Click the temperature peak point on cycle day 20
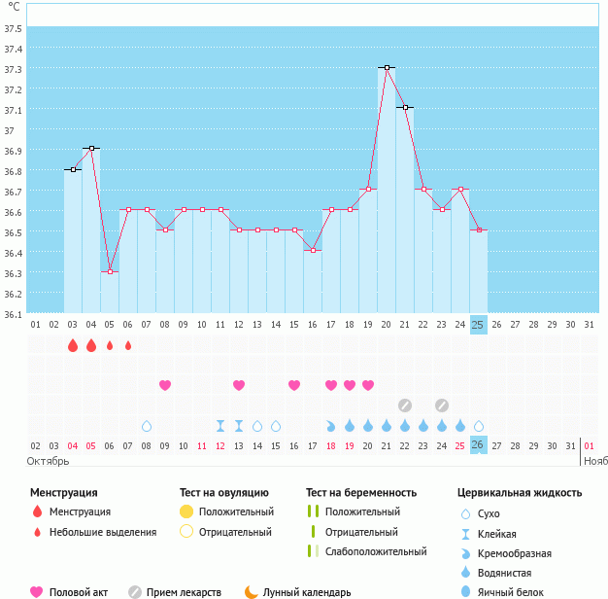click(387, 67)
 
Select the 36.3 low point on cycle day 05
click(110, 271)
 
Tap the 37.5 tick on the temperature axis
click(14, 28)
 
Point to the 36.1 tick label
click(14, 314)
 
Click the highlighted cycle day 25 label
click(478, 324)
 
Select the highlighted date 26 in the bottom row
click(478, 444)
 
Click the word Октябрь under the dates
click(48, 460)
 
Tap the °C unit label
click(13, 8)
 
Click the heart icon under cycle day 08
click(165, 385)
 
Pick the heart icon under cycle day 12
click(239, 385)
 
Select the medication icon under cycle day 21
click(405, 405)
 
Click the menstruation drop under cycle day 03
click(73, 345)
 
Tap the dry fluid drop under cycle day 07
click(147, 426)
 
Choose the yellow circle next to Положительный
click(186, 511)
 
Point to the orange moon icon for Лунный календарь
click(252, 591)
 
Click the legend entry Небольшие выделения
click(102, 532)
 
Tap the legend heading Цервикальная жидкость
click(520, 493)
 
